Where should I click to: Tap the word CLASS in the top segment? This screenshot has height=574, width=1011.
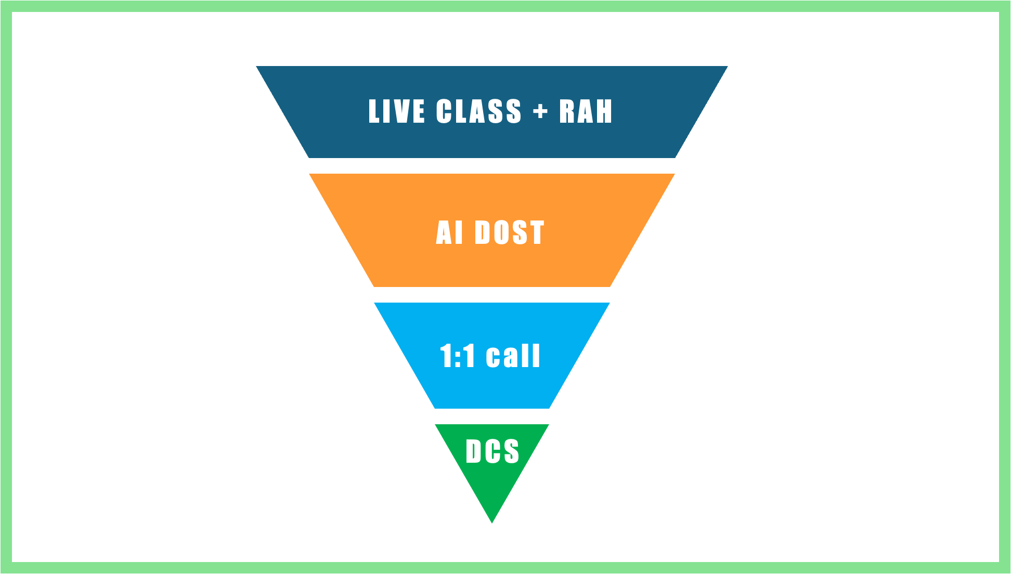478,111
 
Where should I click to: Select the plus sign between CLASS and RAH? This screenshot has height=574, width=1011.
540,111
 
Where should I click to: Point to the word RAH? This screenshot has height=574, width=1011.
586,111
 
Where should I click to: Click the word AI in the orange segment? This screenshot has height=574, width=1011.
449,232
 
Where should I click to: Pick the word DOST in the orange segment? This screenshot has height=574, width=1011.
509,232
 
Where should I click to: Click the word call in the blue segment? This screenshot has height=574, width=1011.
513,356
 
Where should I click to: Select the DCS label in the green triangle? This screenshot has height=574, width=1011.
492,451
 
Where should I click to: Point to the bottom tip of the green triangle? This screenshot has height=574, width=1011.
492,522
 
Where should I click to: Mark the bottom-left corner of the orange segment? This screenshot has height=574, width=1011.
374,285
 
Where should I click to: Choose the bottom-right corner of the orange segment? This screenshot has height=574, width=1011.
610,285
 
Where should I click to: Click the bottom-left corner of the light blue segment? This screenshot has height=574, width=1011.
435,408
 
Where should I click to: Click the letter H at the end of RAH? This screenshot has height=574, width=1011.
603,111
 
